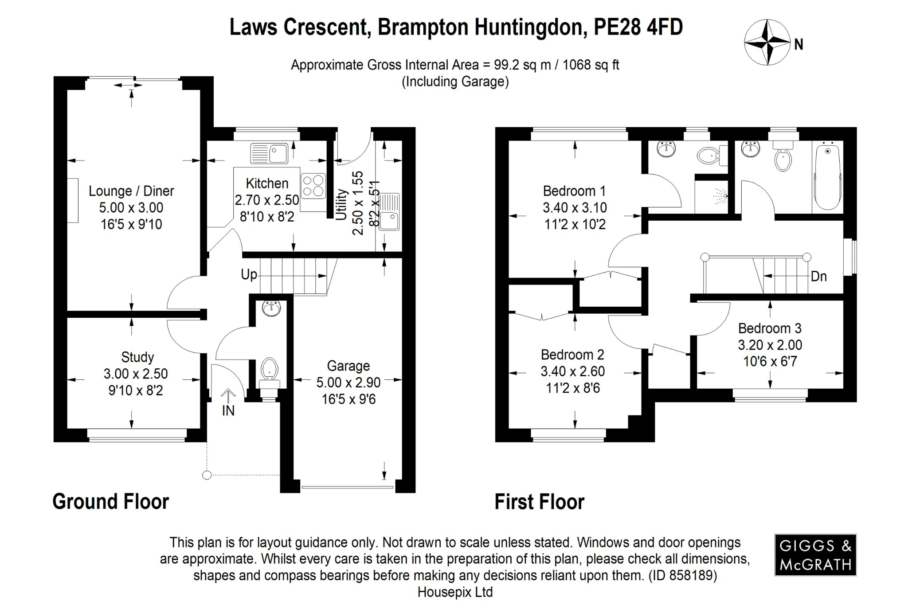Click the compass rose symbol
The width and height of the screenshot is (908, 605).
pyautogui.click(x=767, y=43)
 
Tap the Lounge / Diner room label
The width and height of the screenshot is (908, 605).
pyautogui.click(x=131, y=191)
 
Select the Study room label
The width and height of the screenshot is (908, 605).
pyautogui.click(x=137, y=357)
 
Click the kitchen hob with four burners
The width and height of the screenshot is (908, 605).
pyautogui.click(x=313, y=186)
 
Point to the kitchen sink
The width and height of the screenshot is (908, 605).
pyautogui.click(x=269, y=153)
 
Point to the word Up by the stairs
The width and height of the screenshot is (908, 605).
pyautogui.click(x=249, y=275)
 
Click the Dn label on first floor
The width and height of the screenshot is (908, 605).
pyautogui.click(x=818, y=277)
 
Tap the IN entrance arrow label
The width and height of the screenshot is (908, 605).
pyautogui.click(x=228, y=410)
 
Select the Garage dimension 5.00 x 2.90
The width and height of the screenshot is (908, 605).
pyautogui.click(x=348, y=383)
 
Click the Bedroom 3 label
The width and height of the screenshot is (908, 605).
pyautogui.click(x=770, y=328)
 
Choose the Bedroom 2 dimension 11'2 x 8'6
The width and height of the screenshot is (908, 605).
pyautogui.click(x=573, y=388)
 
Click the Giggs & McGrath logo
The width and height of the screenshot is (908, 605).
pyautogui.click(x=815, y=555)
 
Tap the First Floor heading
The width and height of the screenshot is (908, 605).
pyautogui.click(x=539, y=502)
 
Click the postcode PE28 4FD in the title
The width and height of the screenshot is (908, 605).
pyautogui.click(x=638, y=27)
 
